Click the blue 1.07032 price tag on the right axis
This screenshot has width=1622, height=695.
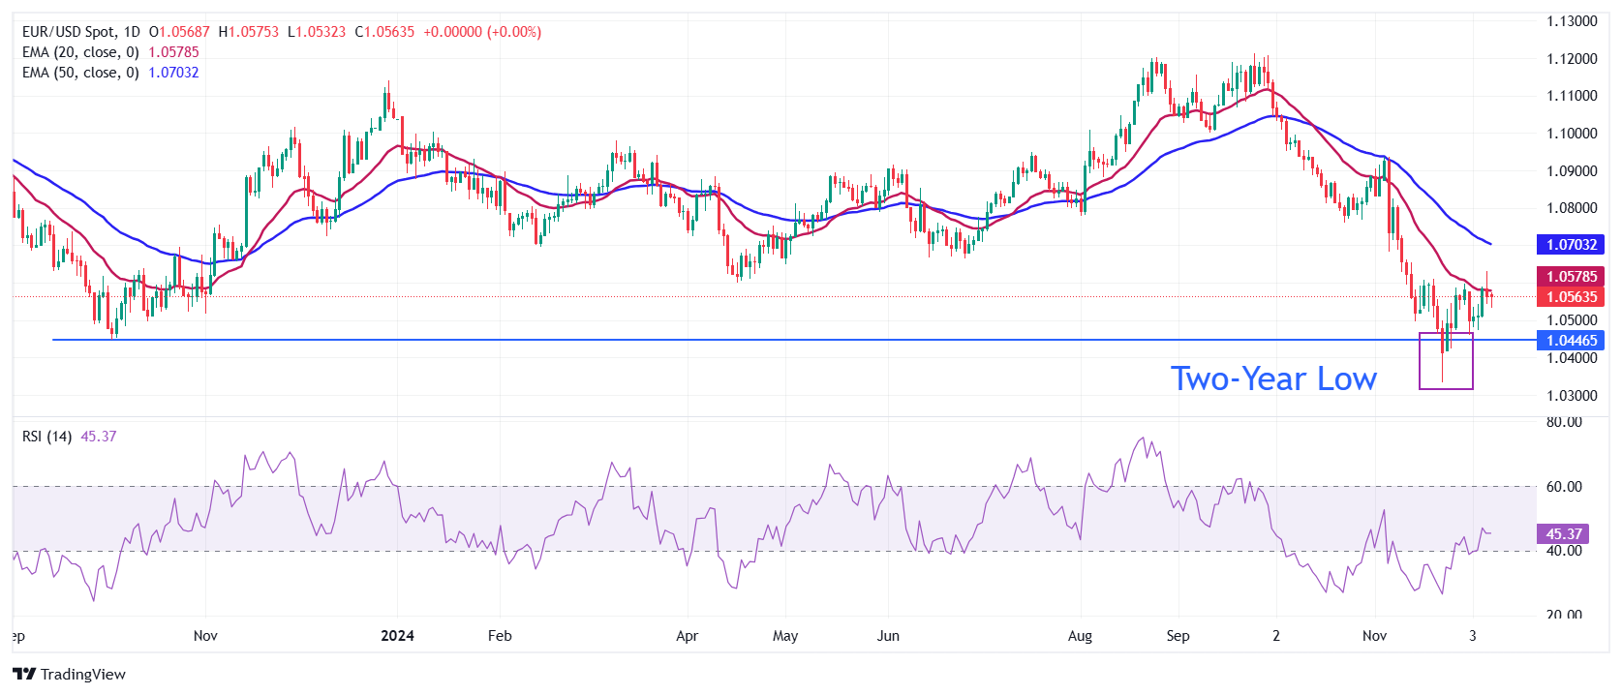click(x=1571, y=245)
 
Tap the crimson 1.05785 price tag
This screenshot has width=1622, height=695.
click(x=1571, y=277)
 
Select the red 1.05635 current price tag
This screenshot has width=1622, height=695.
click(x=1571, y=297)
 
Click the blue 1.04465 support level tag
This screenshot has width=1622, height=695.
click(x=1571, y=341)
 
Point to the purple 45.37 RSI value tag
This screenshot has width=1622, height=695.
click(x=1563, y=534)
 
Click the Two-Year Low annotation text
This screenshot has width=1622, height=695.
click(x=1273, y=379)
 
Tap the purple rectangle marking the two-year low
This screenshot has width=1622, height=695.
click(x=1446, y=361)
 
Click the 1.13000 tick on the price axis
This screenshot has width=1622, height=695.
click(x=1571, y=21)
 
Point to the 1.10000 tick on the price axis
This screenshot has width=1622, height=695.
click(x=1571, y=134)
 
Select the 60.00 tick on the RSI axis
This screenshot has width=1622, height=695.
click(x=1564, y=487)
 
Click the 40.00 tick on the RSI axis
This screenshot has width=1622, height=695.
click(x=1564, y=551)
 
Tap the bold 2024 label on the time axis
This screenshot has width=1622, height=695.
click(x=397, y=636)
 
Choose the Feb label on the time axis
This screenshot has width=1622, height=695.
click(x=500, y=636)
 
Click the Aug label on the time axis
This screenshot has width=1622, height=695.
click(x=1080, y=636)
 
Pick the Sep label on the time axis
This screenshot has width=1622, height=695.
click(x=1178, y=636)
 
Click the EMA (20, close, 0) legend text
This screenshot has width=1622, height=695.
click(x=80, y=52)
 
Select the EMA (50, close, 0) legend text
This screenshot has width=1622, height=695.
click(x=80, y=73)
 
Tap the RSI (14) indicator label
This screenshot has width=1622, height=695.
click(x=46, y=437)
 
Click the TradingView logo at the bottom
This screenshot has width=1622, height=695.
click(x=70, y=675)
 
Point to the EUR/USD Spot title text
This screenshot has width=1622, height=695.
click(x=68, y=32)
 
